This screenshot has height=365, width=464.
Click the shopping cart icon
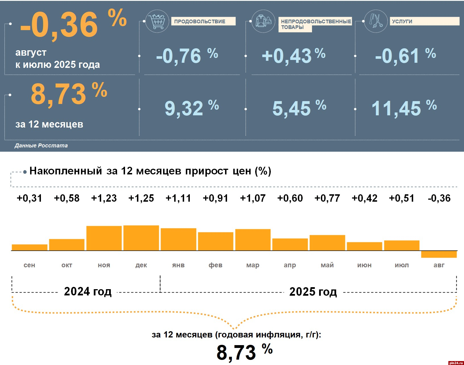pos(157,21)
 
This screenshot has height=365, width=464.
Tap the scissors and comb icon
pos(376,21)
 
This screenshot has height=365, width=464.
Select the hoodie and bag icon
pos(263,21)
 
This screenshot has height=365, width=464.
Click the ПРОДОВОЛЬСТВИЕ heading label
pos(200,21)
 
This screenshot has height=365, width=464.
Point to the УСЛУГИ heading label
pos(402,21)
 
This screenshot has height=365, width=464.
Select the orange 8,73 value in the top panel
pos(59,94)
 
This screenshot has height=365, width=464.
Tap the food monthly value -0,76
pos(178,56)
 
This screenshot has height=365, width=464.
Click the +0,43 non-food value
pos(286,56)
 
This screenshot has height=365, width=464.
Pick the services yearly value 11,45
pos(396,108)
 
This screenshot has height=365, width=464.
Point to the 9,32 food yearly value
pos(184,108)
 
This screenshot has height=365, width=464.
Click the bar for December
pos(141,238)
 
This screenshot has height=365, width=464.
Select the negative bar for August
pos(439,254)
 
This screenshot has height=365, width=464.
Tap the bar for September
pos(30,247)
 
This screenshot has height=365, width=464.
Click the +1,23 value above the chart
pos(104,198)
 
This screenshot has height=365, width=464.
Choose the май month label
pos(327,265)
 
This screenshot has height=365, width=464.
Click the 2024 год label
pos(88,291)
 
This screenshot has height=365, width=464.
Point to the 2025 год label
pos(313,292)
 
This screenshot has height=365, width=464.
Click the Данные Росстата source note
pos(41,145)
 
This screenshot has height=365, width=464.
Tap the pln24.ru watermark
pos(456,363)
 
